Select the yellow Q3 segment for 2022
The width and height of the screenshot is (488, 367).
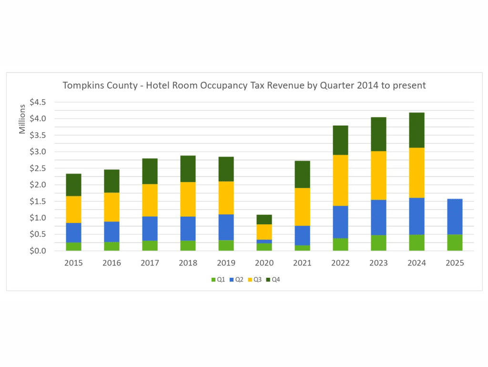coord(340,180)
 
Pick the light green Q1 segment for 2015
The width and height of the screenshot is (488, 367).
coord(73,246)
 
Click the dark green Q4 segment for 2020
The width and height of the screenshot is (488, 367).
coord(264,220)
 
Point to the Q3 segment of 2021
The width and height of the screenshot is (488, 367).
coord(302,207)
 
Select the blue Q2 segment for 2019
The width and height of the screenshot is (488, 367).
coord(226,227)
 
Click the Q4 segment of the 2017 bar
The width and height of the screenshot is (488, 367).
coord(150,171)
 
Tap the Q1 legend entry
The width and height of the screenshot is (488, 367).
coord(218,280)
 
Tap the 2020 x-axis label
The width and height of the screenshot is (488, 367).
coord(264,263)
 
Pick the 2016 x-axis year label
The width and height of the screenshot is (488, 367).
coord(112,263)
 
